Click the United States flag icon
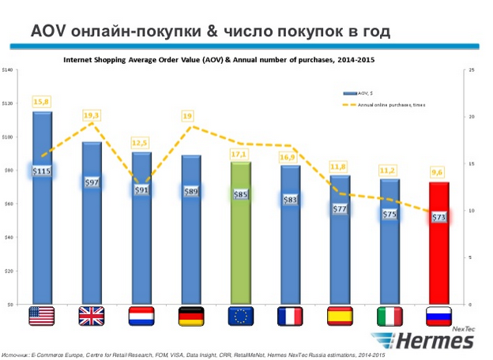click(x=42, y=316)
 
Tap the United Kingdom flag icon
click(x=92, y=316)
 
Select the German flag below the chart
click(x=191, y=316)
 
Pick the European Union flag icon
click(x=241, y=316)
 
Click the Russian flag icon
click(x=440, y=316)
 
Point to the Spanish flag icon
click(x=341, y=316)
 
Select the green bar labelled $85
click(x=241, y=237)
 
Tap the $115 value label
click(x=42, y=171)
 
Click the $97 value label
click(x=92, y=182)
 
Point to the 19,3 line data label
click(x=92, y=116)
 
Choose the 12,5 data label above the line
click(x=141, y=143)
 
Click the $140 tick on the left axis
click(x=9, y=70)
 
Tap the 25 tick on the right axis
click(x=472, y=70)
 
